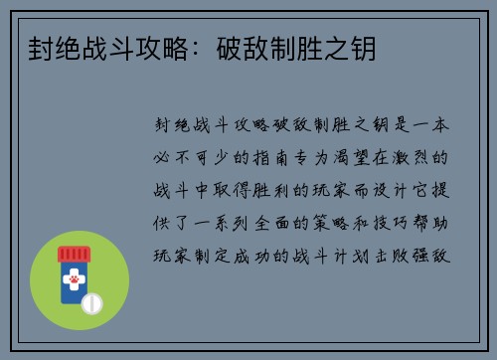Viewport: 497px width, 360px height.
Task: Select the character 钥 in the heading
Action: click(x=365, y=48)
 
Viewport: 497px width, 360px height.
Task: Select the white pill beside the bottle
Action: click(x=91, y=301)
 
